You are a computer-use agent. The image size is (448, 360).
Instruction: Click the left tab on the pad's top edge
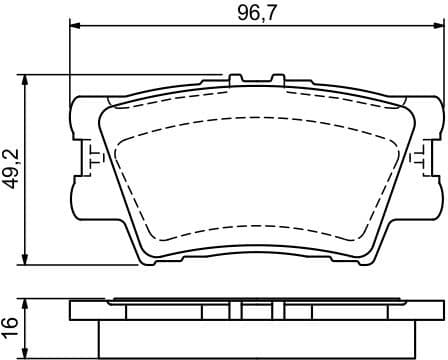(236, 78)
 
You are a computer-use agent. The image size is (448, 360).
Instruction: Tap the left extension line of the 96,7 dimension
(68, 60)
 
